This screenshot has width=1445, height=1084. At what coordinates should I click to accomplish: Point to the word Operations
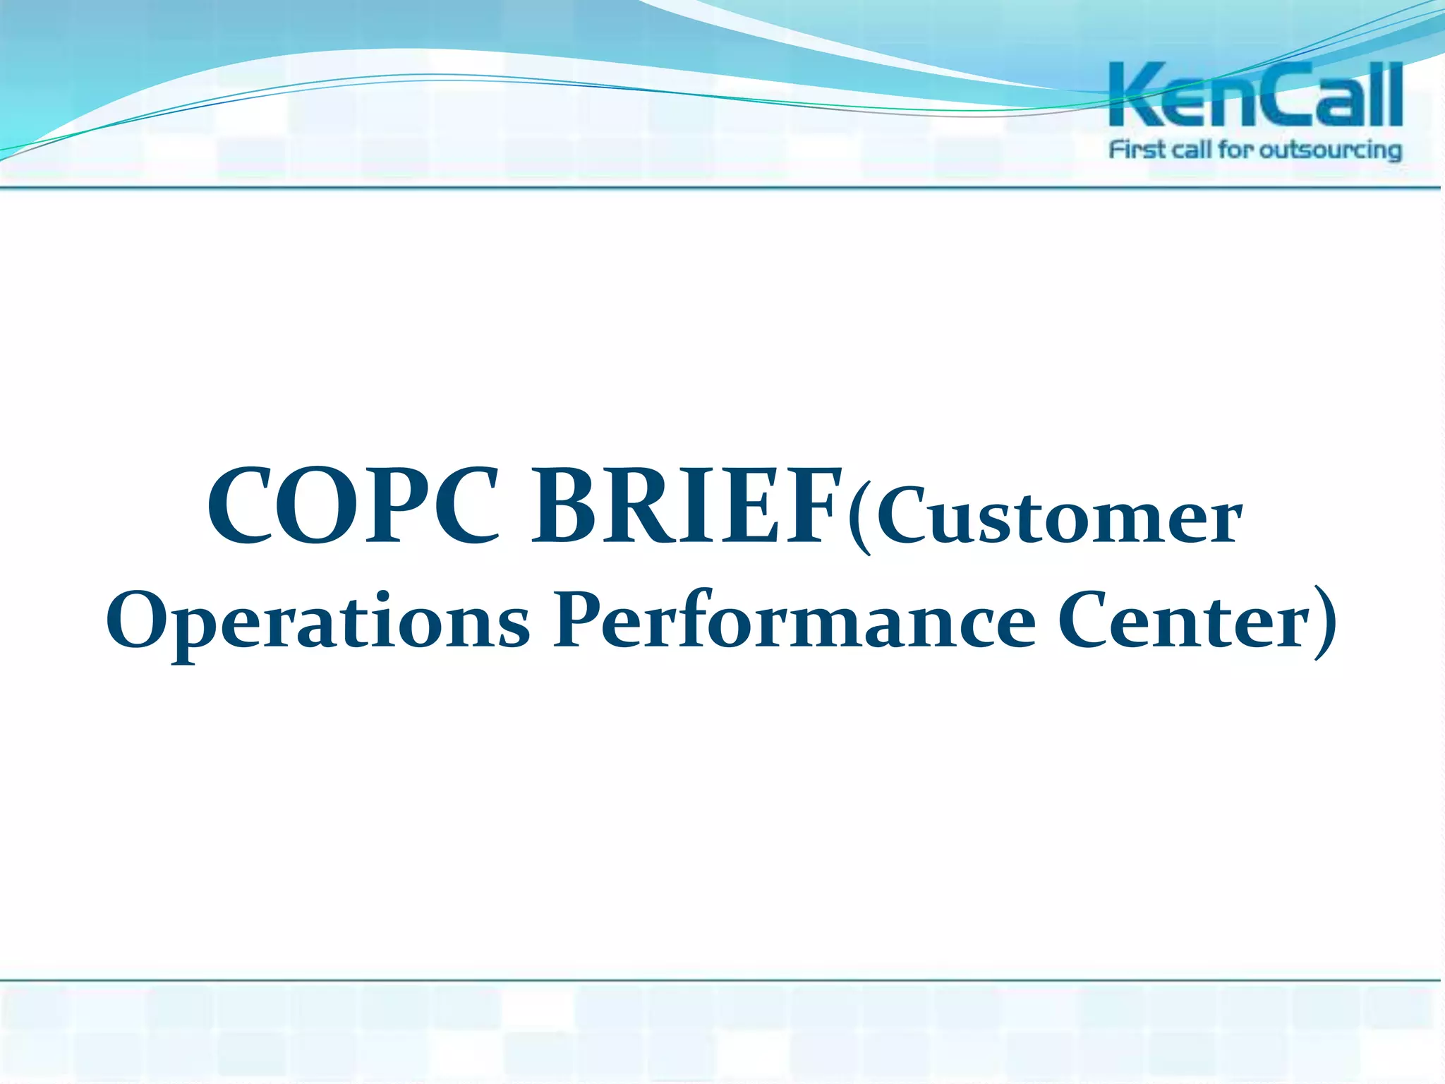pyautogui.click(x=318, y=620)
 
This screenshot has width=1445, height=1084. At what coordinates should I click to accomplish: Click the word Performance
pyautogui.click(x=794, y=620)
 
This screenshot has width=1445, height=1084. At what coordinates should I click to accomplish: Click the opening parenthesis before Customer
pyautogui.click(x=861, y=519)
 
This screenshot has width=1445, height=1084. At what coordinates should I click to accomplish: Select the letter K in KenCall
pyautogui.click(x=1136, y=95)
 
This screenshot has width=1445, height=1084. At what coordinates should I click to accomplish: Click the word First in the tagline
pyautogui.click(x=1137, y=150)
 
